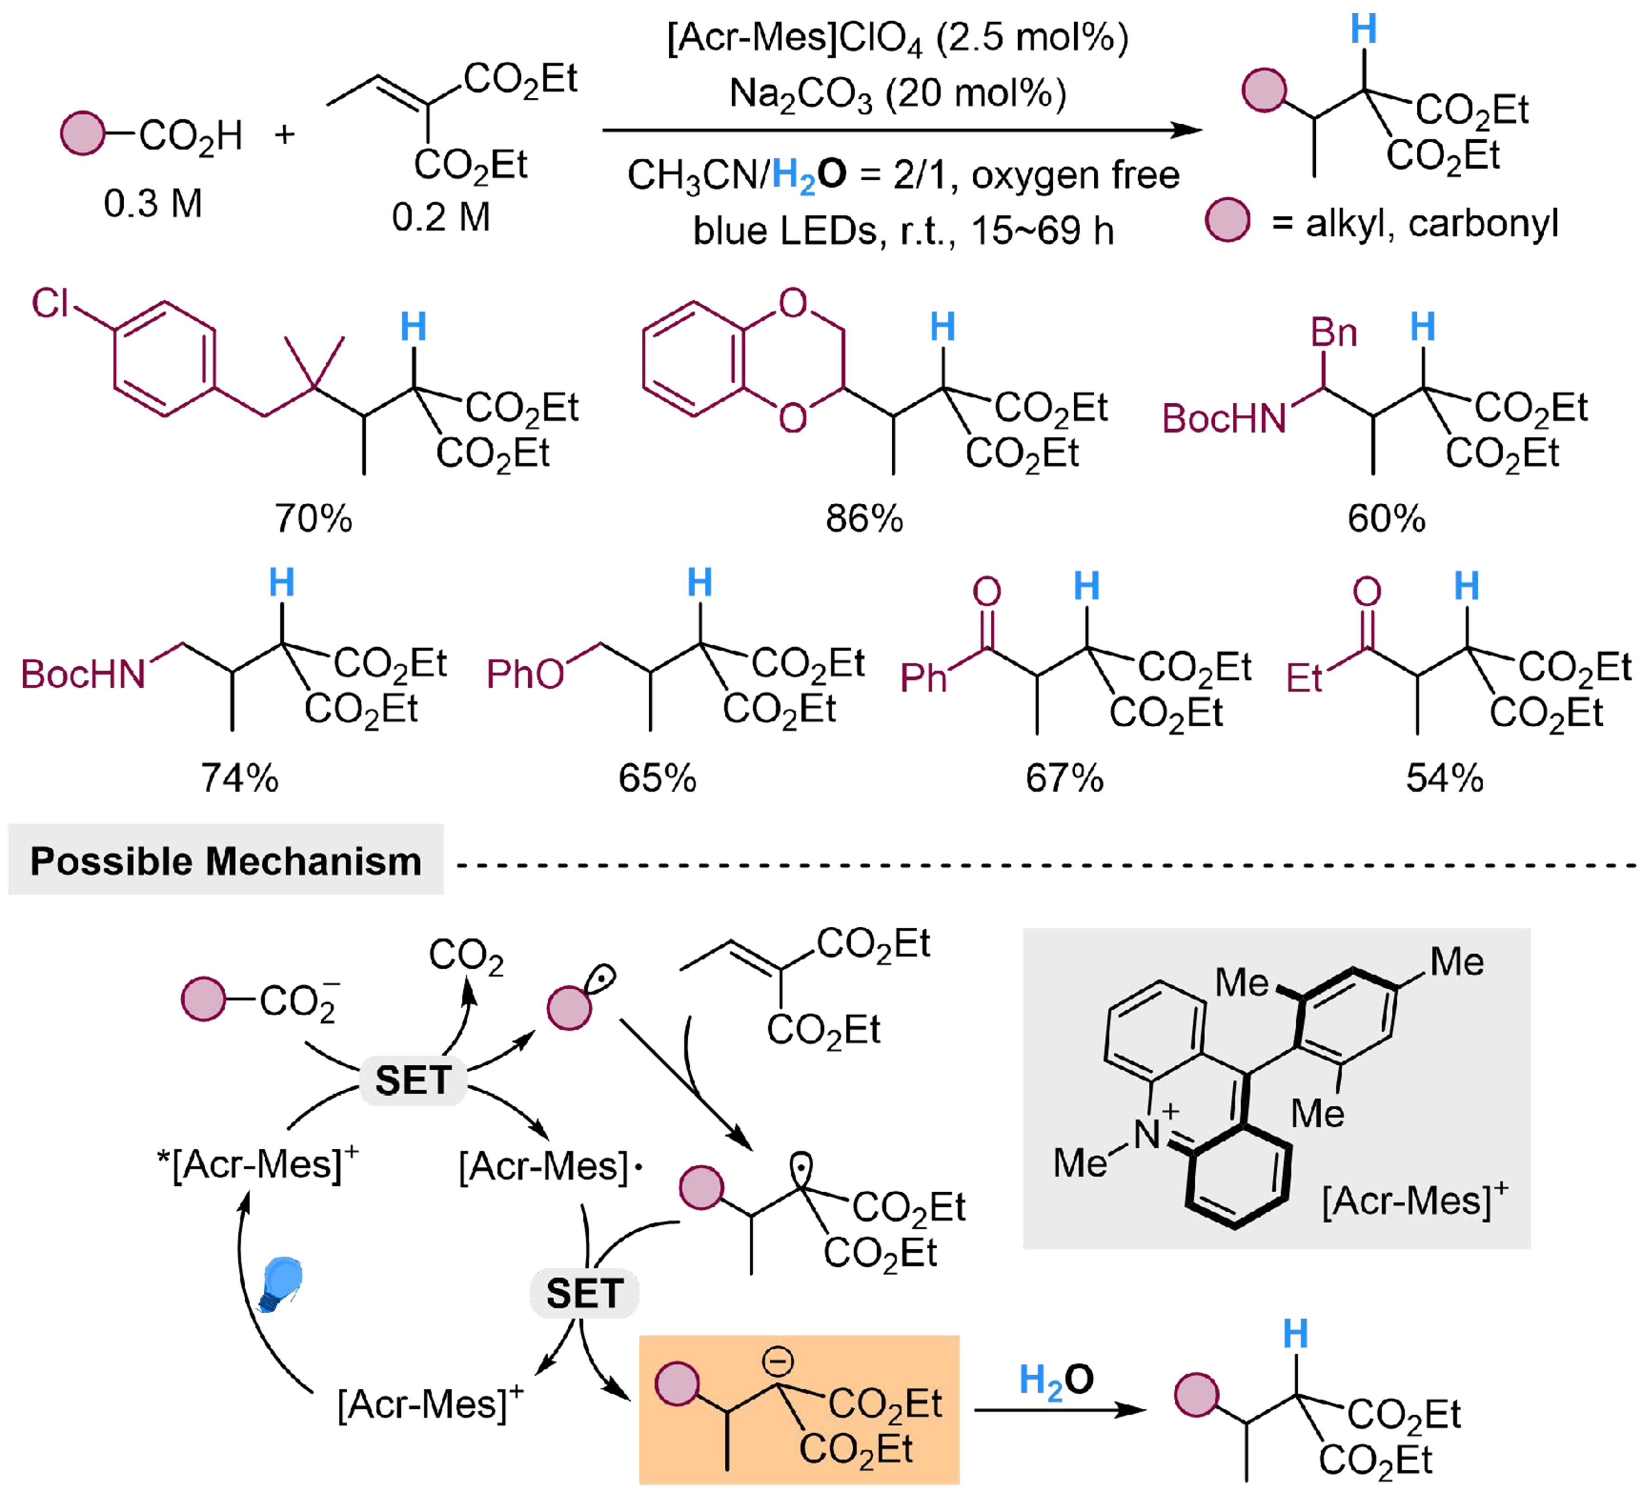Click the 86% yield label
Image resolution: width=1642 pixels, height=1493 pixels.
[864, 518]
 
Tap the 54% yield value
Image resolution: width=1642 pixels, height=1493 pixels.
[1444, 778]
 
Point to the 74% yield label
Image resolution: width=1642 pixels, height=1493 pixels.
[240, 778]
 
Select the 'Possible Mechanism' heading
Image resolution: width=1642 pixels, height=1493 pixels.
[226, 861]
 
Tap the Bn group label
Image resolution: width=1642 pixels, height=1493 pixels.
[1333, 332]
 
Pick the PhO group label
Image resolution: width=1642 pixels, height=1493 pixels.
[526, 674]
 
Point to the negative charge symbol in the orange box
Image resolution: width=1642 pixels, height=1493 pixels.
[778, 1360]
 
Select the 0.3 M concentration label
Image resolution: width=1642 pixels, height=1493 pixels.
[152, 203]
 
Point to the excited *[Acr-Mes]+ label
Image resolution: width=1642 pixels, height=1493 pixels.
[257, 1163]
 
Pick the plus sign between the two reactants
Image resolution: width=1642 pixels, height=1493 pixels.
[284, 134]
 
